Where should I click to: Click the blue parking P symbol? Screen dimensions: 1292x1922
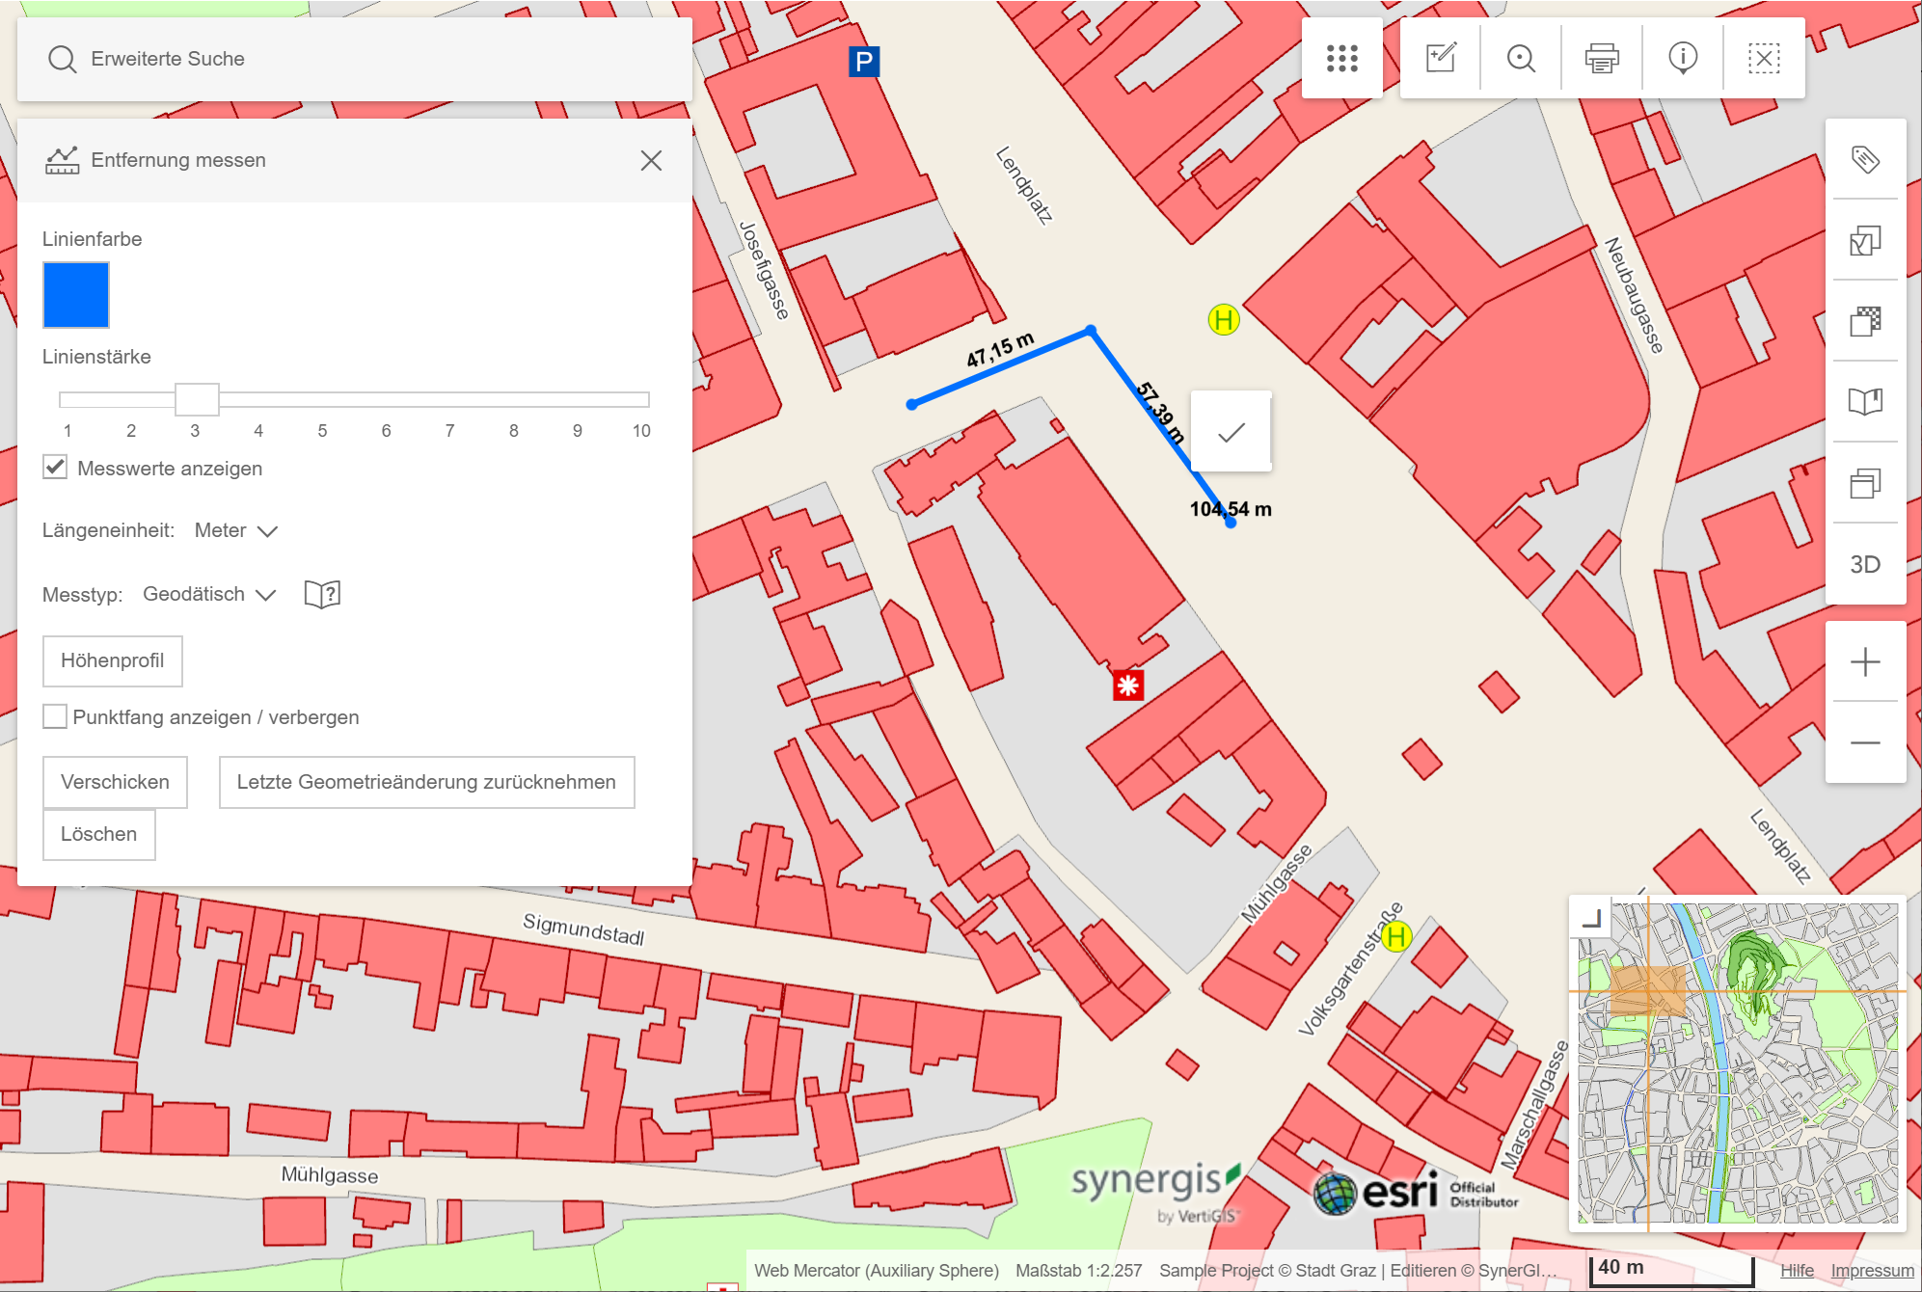point(864,62)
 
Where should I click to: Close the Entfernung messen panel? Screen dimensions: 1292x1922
point(651,160)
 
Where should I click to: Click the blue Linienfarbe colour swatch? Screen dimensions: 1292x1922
point(76,295)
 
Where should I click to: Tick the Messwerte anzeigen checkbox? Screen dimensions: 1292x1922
point(56,468)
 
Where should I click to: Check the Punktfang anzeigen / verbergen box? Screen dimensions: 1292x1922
point(56,716)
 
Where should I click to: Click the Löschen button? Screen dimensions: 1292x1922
point(98,834)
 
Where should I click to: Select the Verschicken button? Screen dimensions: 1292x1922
point(115,782)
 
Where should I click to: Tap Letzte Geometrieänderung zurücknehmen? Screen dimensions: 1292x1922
point(426,782)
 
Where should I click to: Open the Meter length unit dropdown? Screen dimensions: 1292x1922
point(236,530)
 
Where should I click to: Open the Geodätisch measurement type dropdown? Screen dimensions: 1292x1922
point(209,594)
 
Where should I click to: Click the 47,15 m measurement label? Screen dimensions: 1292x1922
point(1000,349)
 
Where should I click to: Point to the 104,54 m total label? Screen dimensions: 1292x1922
point(1231,509)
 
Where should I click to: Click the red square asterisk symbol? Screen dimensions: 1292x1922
point(1127,686)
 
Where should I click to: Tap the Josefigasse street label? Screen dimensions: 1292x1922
point(764,270)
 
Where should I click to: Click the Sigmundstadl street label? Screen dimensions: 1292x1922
point(583,929)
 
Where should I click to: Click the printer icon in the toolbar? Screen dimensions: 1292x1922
point(1602,58)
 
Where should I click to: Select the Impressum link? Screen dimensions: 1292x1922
point(1872,1271)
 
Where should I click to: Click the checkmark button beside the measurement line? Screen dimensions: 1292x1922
point(1231,432)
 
